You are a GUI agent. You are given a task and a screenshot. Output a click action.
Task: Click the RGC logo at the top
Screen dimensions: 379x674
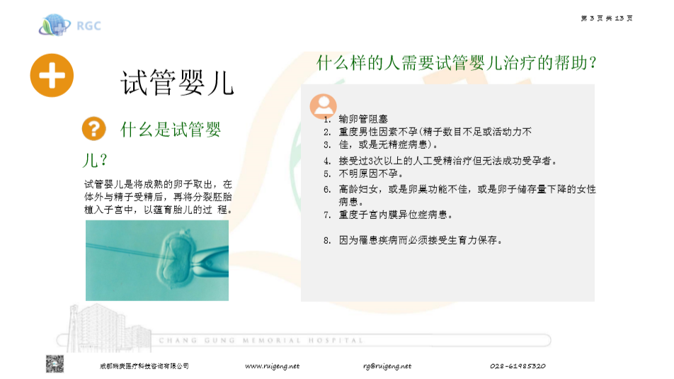point(69,26)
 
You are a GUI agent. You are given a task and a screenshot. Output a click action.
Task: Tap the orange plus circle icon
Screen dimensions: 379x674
point(52,75)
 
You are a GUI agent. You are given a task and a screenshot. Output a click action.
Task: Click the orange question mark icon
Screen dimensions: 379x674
point(93,129)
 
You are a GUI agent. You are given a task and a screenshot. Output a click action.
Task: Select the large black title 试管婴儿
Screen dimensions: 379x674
point(176,83)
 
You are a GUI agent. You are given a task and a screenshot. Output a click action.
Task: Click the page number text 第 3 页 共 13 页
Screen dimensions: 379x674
point(606,18)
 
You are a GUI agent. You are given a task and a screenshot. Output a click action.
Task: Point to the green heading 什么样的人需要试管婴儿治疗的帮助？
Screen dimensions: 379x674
point(457,63)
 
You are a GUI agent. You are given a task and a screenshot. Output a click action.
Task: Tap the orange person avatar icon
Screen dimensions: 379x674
point(323,106)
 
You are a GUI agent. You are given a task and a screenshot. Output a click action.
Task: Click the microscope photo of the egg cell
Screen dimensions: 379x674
point(157,260)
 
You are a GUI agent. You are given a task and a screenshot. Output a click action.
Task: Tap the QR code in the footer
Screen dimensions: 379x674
point(55,364)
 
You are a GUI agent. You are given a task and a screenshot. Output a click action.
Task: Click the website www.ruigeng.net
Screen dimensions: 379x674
point(272,366)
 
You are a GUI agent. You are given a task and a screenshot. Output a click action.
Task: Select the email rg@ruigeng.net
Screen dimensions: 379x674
point(387,366)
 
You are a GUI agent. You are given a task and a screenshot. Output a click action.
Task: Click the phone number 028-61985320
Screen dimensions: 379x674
point(518,366)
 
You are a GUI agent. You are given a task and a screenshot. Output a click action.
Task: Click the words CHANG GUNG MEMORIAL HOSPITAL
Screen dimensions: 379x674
point(261,341)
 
